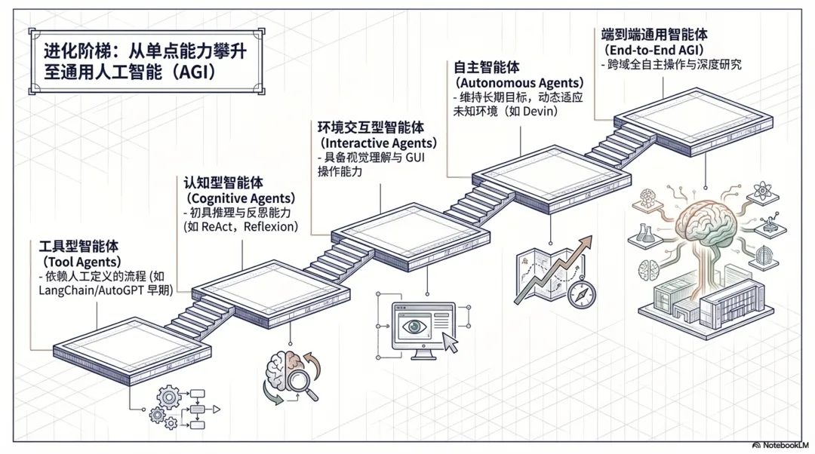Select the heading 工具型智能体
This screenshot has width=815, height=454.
(x=78, y=247)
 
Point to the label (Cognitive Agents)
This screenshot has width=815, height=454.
(x=235, y=197)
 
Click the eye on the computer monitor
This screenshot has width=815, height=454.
(x=414, y=327)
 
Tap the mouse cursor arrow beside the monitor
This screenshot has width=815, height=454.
(x=451, y=343)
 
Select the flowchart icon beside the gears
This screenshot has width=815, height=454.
(x=198, y=408)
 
